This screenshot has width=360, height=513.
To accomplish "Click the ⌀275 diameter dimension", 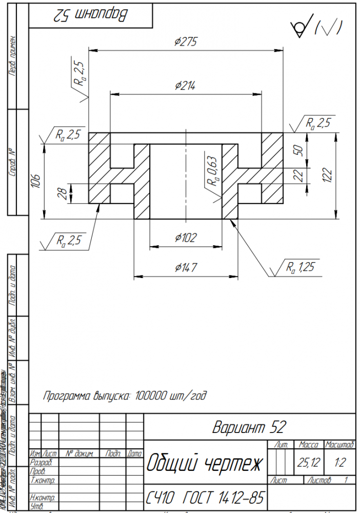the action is pos(186,42).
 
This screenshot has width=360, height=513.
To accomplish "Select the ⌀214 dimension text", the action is pos(185,85).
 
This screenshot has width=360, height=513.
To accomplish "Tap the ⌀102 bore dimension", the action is pos(186,238).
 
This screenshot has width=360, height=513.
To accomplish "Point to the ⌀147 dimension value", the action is pos(186,267).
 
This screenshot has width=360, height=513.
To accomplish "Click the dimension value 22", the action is pos(299,175).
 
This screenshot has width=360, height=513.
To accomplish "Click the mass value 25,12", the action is pos(309,463).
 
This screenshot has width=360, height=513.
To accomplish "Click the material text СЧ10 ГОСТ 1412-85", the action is pos(204,497).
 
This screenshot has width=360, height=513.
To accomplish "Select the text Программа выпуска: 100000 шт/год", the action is pos(125,396).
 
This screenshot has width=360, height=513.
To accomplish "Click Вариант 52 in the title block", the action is pos(249,427).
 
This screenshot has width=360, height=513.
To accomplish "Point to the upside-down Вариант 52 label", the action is pos(90,16).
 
